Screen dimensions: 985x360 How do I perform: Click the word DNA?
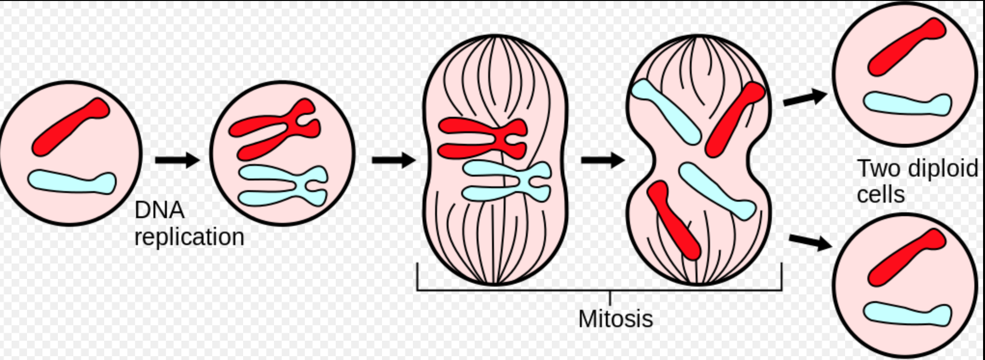point(160,210)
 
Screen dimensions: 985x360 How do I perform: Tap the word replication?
point(190,237)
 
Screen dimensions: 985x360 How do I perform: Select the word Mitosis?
point(616,318)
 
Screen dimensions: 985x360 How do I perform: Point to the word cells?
point(881,194)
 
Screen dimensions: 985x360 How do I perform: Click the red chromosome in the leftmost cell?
point(71,126)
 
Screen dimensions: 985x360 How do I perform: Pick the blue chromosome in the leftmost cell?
point(72,182)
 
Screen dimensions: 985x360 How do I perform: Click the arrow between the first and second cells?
point(177,159)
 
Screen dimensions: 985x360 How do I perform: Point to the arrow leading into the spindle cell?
point(394,159)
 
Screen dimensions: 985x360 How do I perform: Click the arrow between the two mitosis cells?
point(603,159)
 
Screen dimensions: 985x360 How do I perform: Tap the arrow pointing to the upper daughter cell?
point(805,97)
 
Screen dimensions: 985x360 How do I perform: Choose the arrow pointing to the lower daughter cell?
point(811,241)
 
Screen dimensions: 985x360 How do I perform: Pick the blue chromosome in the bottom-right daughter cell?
point(907,314)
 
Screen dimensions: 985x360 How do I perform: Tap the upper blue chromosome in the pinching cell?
point(666,111)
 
